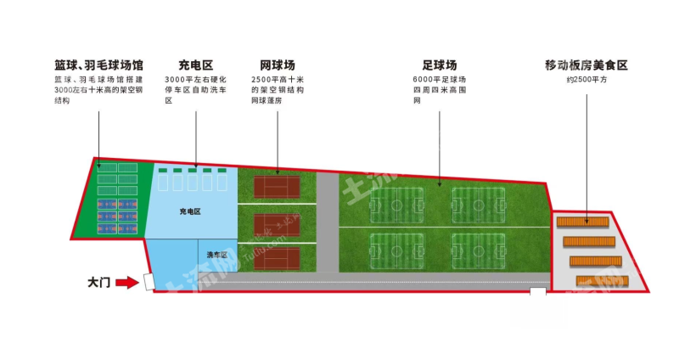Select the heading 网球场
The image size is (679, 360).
[278, 65]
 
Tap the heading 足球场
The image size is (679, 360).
[439, 65]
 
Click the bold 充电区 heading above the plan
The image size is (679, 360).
[195, 65]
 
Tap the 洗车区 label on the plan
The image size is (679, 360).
[216, 255]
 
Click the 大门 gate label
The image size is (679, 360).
[99, 282]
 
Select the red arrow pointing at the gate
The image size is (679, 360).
[126, 282]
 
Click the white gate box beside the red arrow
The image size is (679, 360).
[148, 281]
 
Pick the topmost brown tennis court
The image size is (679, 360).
[277, 187]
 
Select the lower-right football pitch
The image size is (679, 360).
[479, 249]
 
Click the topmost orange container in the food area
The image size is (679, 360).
[583, 222]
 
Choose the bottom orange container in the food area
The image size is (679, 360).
[600, 280]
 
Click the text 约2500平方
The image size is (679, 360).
[585, 80]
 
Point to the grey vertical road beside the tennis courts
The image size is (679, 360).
[327, 221]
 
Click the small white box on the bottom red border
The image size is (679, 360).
[537, 291]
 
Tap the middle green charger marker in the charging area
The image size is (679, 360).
[193, 171]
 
